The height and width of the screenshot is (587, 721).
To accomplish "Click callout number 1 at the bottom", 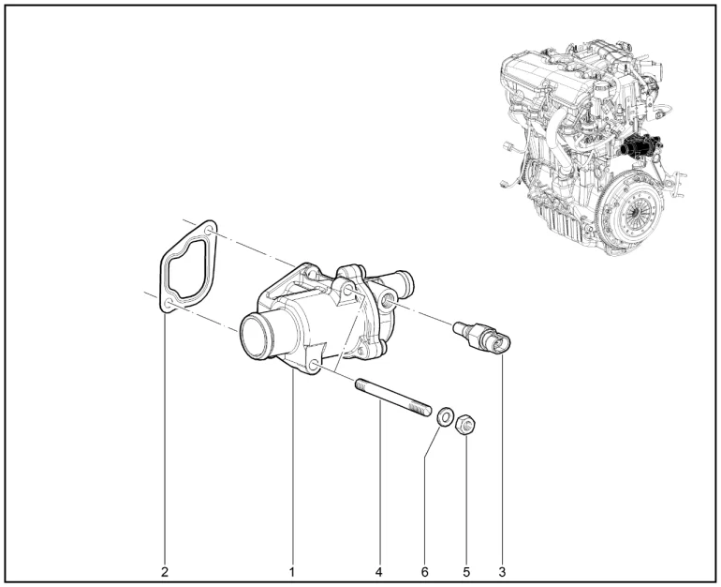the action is pos(292,572).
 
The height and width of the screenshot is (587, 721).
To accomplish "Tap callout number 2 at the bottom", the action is pos(165,572).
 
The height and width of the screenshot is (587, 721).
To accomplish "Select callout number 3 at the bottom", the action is pos(502,572).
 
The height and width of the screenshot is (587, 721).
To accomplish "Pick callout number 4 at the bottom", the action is pos(379,572).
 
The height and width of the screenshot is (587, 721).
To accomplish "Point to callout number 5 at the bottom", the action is pos(466,572).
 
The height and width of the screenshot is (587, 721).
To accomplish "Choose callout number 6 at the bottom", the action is pos(425,572).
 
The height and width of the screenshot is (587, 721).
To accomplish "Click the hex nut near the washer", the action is pos(465,424).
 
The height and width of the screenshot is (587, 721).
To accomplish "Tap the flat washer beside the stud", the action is pos(445,416).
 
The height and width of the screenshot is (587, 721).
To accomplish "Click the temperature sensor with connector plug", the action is pos(482,337).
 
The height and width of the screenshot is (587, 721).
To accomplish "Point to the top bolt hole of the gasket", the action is pos(209,230).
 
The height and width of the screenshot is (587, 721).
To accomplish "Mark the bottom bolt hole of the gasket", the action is pos(169,303).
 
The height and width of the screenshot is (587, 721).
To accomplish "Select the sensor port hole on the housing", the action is pos(386,301).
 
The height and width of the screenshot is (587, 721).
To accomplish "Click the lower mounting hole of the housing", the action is pos(315,366).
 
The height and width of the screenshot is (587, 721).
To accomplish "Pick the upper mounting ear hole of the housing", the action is pos(348,291).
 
